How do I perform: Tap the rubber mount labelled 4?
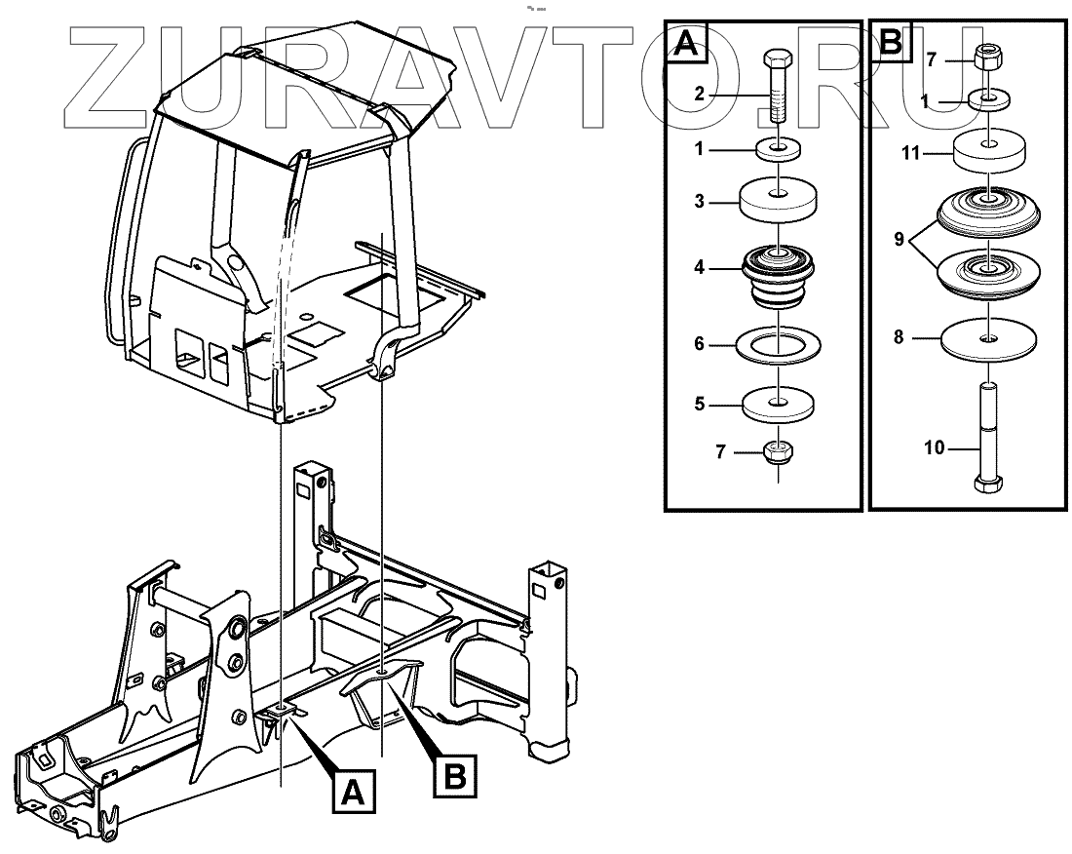(x=779, y=273)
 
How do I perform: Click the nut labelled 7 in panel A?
(x=779, y=453)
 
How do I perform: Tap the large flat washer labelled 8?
(x=987, y=337)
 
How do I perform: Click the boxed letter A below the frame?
(x=354, y=789)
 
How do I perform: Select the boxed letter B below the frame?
(x=453, y=775)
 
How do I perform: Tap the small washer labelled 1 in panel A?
(x=779, y=150)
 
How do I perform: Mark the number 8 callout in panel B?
(x=900, y=337)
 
